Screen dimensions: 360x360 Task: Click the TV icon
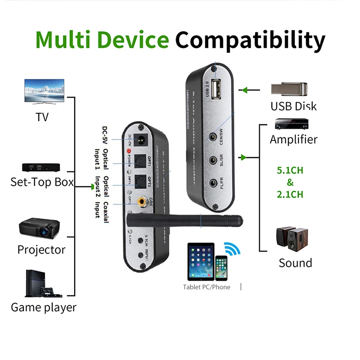click(44, 93)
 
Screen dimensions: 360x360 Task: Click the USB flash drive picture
click(289, 89)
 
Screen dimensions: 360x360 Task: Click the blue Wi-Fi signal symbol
click(233, 249)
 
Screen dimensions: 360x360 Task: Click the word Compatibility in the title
click(250, 40)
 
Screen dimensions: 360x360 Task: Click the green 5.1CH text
click(290, 171)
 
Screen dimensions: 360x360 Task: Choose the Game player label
click(43, 307)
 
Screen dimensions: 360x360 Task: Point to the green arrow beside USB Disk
click(244, 90)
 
